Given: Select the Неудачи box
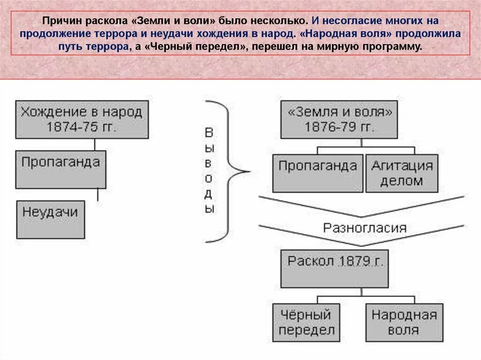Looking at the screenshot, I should click(x=51, y=219).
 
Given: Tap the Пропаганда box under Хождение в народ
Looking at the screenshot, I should click(x=61, y=169).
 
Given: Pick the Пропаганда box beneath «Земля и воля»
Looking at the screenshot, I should click(x=318, y=173).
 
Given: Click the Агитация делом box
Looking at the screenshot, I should click(x=402, y=173).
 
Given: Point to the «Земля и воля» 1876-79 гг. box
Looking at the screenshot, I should click(x=339, y=119).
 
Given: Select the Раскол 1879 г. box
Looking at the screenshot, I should click(x=334, y=268).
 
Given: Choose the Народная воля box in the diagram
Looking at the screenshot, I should click(x=404, y=322).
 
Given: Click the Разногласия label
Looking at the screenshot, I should click(x=365, y=228).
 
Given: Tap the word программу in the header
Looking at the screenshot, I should click(x=395, y=47).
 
